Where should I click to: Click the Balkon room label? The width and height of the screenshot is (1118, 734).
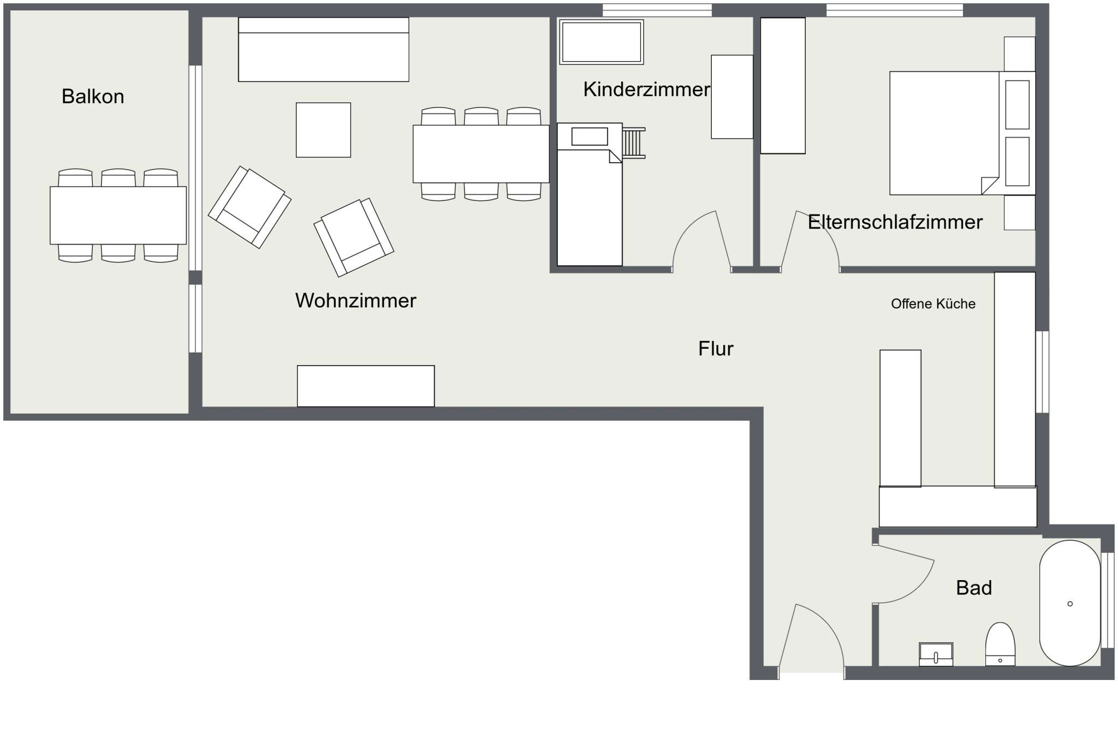[93, 97]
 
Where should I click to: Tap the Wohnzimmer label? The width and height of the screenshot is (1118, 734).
[355, 301]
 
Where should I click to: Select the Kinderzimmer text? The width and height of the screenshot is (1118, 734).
[646, 89]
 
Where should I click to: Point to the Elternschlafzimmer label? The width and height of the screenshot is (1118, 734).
[895, 222]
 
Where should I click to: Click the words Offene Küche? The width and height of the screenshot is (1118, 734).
[933, 304]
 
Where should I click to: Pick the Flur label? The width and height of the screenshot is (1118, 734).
[716, 349]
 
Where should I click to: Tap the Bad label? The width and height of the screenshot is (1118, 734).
[974, 588]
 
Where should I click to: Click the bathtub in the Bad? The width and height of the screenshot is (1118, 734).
[1070, 603]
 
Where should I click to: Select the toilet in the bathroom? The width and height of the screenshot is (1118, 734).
[1000, 644]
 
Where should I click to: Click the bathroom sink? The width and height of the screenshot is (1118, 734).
[936, 654]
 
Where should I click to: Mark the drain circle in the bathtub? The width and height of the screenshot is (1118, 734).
[1070, 604]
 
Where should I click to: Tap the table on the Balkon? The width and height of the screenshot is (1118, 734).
[118, 216]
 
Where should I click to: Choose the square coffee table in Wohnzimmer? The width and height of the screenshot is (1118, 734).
[323, 130]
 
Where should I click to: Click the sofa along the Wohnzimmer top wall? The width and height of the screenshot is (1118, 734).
[324, 50]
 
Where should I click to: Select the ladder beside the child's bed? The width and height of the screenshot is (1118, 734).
[634, 143]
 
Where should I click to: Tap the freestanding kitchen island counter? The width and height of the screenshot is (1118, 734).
[900, 418]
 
